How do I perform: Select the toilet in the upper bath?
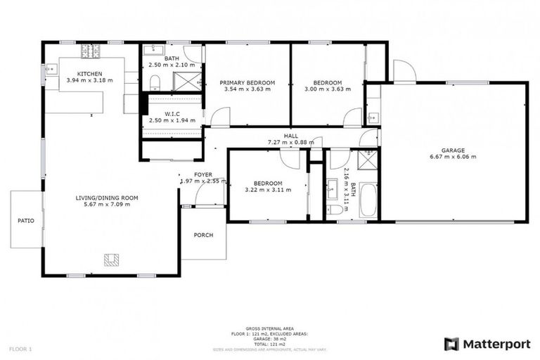(155, 83)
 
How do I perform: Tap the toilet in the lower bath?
(335, 210)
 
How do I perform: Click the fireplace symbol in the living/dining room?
(111, 260)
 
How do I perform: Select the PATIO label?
(26, 221)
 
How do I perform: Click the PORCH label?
(203, 235)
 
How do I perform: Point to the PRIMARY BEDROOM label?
(247, 82)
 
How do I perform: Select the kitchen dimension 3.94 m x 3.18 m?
(89, 80)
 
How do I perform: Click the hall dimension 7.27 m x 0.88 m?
(290, 142)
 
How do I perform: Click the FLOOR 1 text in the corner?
(21, 349)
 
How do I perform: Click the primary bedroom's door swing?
(220, 117)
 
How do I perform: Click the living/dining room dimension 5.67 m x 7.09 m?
(107, 206)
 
